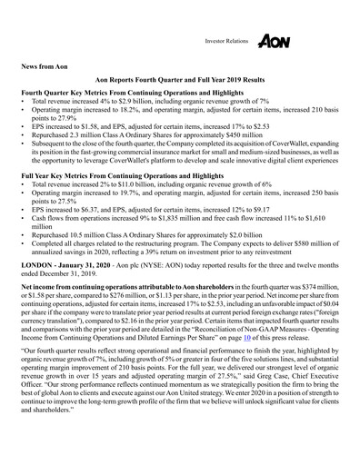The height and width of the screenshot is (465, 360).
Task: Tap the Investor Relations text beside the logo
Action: pos(224,43)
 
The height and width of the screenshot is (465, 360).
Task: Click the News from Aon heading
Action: pos(49,67)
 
